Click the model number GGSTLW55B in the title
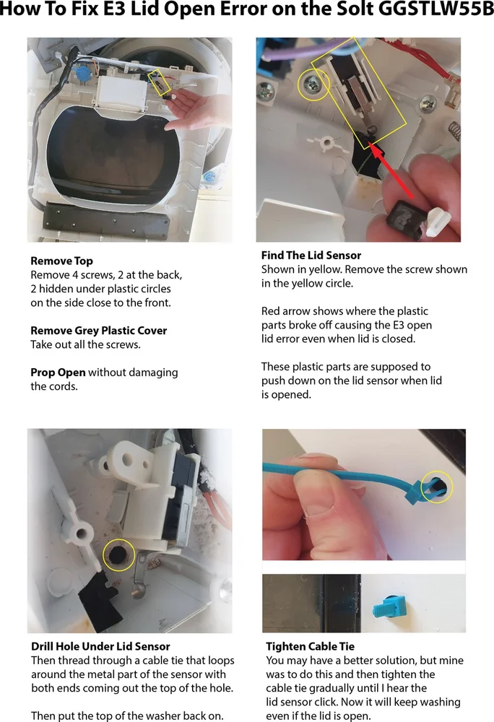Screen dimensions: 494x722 (x=435, y=9)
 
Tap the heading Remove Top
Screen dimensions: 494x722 (x=61, y=261)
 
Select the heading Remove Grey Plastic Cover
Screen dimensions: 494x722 (x=98, y=331)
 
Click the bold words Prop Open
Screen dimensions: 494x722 (x=58, y=373)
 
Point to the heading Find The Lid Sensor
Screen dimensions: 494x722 (x=311, y=256)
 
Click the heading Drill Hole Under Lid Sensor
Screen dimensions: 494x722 (x=100, y=646)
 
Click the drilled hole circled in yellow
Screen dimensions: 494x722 (x=118, y=554)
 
